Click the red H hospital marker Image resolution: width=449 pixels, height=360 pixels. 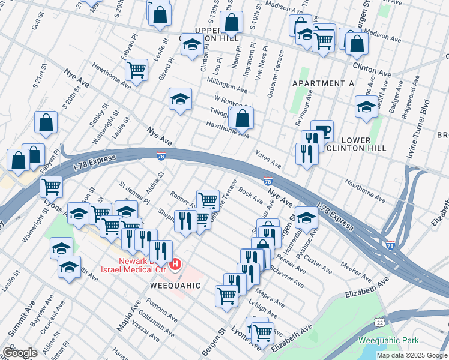(x=175, y=263)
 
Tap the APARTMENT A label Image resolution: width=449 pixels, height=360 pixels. (x=322, y=83)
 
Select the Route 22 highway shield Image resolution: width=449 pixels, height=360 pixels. (x=379, y=323)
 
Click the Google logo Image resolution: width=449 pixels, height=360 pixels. (x=20, y=352)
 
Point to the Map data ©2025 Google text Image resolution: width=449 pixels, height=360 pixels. (x=411, y=355)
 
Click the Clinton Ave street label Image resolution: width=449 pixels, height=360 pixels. (x=372, y=70)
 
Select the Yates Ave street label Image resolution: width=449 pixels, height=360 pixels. (x=268, y=159)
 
